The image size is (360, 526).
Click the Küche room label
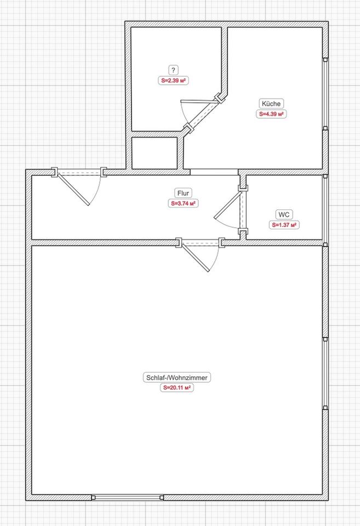point(271,104)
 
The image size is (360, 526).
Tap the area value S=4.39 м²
point(271,114)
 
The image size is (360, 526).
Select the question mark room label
point(173,70)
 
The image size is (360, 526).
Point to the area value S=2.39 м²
point(173,81)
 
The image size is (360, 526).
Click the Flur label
point(183,193)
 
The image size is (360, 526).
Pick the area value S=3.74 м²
point(183,204)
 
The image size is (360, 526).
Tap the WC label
point(284,215)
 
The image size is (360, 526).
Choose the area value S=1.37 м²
point(284,225)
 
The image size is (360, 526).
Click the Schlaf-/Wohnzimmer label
point(177,378)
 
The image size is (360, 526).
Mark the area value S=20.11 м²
point(177,388)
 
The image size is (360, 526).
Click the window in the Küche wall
point(325,94)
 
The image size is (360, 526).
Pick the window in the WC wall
point(325,210)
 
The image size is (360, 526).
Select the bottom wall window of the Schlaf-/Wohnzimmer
point(128,498)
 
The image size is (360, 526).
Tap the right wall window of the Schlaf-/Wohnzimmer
point(325,374)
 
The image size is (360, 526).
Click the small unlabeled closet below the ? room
point(155,153)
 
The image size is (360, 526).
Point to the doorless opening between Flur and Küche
point(214,172)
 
